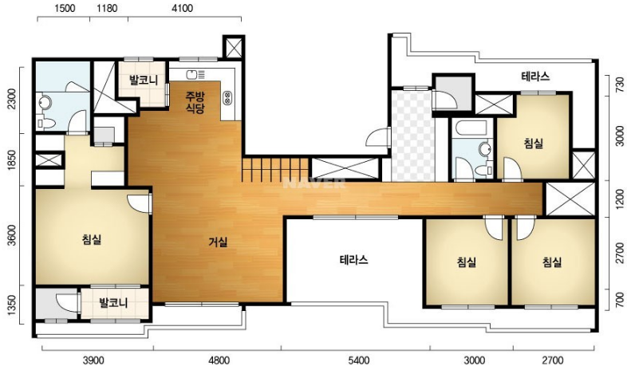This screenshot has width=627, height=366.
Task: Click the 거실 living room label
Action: (x=219, y=242)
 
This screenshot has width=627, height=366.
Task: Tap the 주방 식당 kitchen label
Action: (x=195, y=102)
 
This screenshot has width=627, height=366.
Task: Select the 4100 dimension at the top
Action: (x=182, y=9)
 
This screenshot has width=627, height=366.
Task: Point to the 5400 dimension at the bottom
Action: (x=359, y=360)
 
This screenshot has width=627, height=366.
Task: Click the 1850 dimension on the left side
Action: (x=12, y=160)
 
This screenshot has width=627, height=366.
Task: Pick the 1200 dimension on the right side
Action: (x=619, y=199)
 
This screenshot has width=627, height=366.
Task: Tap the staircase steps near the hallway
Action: (x=275, y=169)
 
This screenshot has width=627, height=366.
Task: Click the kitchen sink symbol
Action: (x=195, y=74)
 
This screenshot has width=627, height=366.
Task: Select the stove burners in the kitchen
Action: (x=227, y=98)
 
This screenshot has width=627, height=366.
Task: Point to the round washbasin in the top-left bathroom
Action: (x=44, y=103)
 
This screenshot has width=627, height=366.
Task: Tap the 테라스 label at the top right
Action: (x=535, y=77)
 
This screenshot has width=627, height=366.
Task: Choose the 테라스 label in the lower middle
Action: (x=354, y=260)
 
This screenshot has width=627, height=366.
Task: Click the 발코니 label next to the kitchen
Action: (x=144, y=81)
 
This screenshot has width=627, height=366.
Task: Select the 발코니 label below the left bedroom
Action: (x=113, y=302)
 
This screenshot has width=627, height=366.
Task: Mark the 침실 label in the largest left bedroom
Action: (x=92, y=240)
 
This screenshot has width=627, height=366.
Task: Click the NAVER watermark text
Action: (x=314, y=183)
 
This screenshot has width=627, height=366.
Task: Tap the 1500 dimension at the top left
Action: (x=65, y=9)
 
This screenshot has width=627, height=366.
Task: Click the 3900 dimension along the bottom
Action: (x=93, y=360)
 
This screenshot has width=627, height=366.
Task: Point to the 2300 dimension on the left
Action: (x=12, y=99)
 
